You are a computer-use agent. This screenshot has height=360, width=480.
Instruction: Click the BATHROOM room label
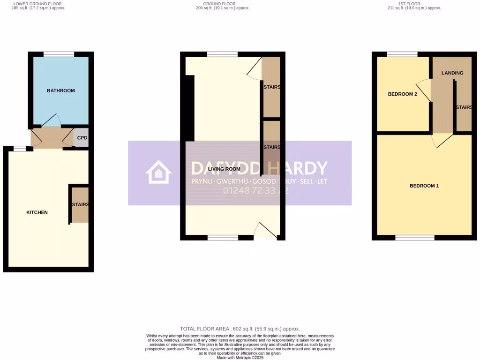click(60, 90)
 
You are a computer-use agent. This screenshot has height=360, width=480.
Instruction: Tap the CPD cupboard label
click(82, 138)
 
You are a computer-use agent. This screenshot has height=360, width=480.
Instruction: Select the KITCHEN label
click(37, 212)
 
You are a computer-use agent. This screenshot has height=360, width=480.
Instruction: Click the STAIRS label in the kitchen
click(80, 205)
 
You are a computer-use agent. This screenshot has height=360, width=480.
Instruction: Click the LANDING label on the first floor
click(452, 73)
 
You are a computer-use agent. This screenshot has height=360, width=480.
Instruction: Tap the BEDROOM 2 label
click(402, 94)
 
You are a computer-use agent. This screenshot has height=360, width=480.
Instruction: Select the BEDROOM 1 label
click(424, 186)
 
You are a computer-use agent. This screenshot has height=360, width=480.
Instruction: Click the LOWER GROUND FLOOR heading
click(37, 4)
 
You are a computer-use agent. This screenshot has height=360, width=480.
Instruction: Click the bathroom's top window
click(59, 54)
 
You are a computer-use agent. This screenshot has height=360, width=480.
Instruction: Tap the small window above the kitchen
click(20, 149)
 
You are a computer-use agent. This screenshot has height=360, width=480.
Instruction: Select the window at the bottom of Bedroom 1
click(414, 238)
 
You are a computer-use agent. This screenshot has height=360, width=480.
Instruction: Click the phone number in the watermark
click(255, 191)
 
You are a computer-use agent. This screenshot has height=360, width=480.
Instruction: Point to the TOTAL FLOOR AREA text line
click(240, 329)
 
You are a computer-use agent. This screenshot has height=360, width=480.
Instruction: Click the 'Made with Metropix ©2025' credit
click(240, 358)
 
